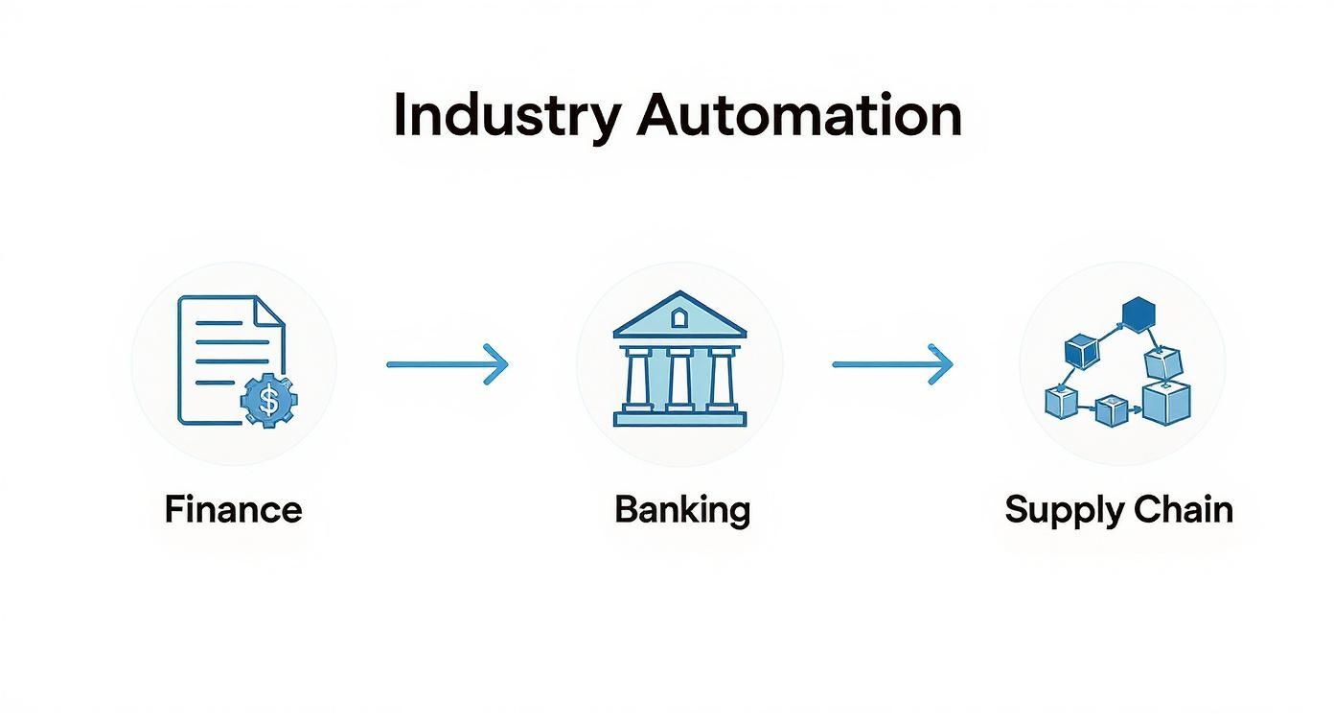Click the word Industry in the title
click(x=506, y=117)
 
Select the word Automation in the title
click(x=799, y=115)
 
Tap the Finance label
click(x=233, y=509)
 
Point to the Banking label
click(x=681, y=509)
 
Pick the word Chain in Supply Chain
click(x=1184, y=509)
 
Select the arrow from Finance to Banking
click(x=447, y=364)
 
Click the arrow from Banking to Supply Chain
click(x=892, y=364)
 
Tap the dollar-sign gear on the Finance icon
click(x=269, y=401)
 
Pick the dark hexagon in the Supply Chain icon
click(x=1138, y=314)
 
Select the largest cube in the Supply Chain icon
click(x=1166, y=402)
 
